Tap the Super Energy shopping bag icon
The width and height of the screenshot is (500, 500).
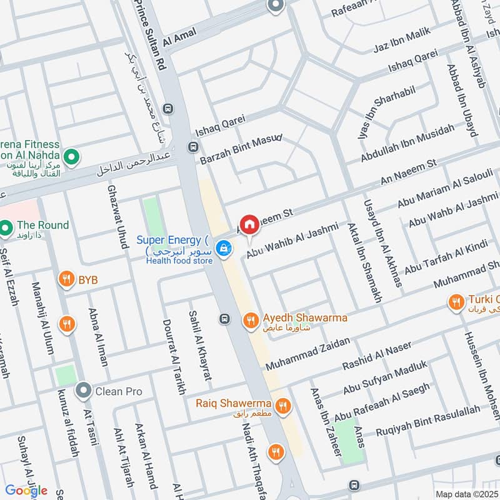tap(222, 249)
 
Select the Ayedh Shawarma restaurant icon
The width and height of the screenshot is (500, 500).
tap(250, 321)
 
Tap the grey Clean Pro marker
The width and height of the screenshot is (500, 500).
tap(83, 391)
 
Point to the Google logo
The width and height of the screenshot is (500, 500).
tap(26, 491)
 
